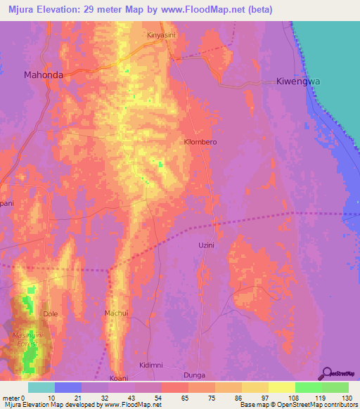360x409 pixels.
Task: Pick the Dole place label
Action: [50, 313]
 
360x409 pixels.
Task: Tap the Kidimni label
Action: [151, 365]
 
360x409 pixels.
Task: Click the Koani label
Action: [119, 377]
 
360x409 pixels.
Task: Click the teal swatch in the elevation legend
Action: [41, 387]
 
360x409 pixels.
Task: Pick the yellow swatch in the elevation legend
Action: [282, 387]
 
